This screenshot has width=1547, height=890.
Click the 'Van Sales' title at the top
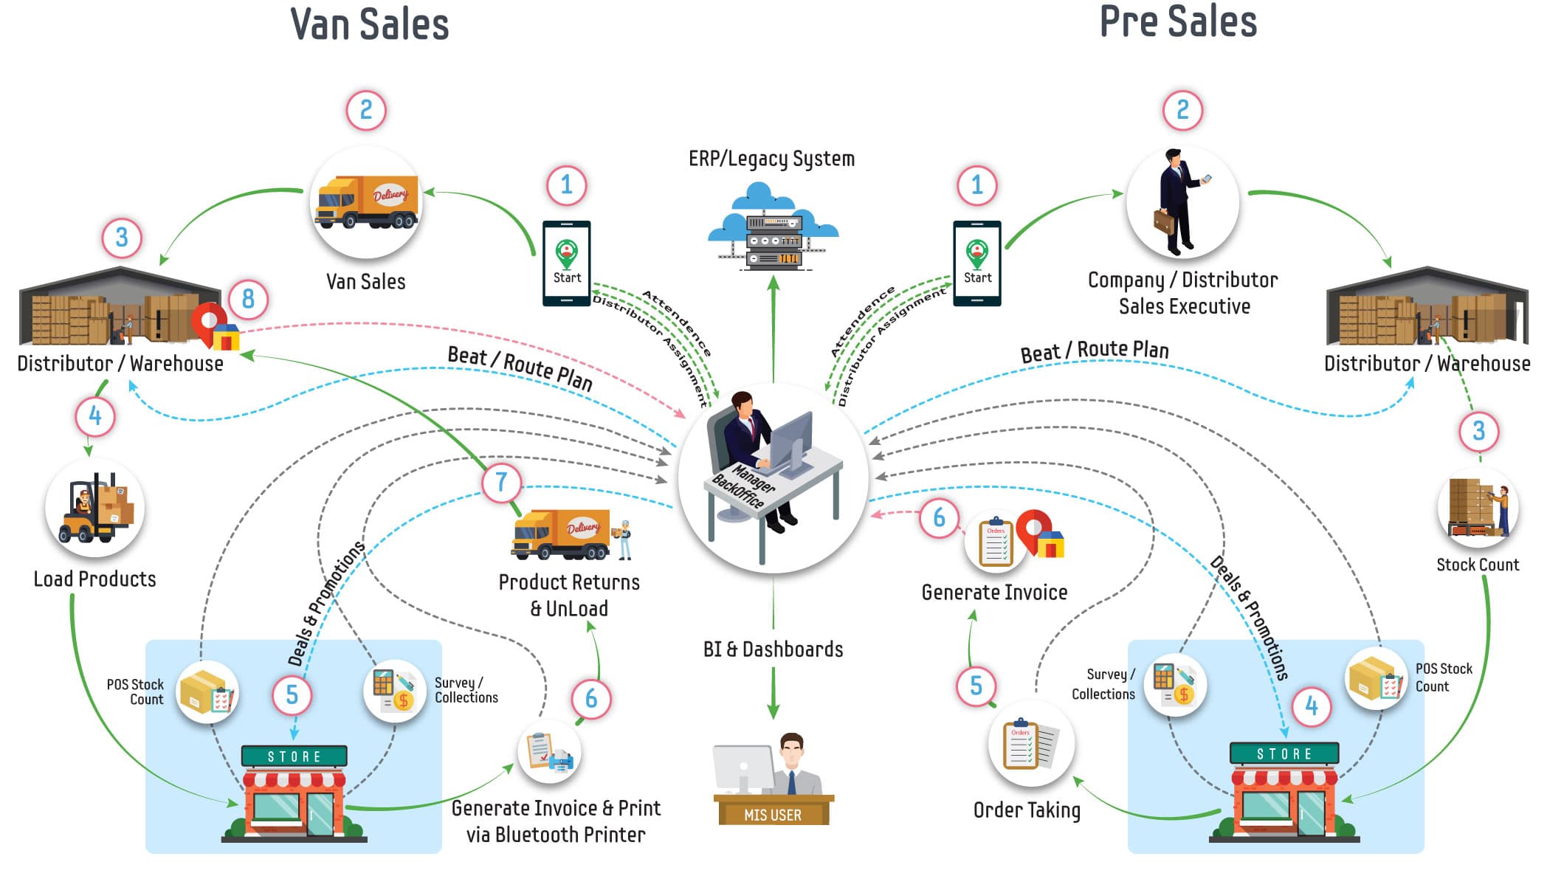[370, 24]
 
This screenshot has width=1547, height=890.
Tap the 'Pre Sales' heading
[1178, 22]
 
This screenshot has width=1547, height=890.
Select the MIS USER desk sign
[773, 814]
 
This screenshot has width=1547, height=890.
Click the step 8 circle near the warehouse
[248, 299]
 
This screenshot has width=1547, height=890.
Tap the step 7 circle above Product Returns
[501, 482]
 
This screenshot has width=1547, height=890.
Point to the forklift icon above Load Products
[95, 508]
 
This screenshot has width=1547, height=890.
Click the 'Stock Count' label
[1477, 565]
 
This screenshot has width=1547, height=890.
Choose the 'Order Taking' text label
[1027, 810]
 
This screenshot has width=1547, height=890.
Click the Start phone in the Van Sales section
[567, 263]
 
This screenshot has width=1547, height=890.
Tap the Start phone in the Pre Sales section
[976, 263]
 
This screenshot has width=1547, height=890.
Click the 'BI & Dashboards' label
[773, 649]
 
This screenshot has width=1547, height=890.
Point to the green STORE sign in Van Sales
[294, 756]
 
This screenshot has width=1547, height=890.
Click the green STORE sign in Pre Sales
[1284, 753]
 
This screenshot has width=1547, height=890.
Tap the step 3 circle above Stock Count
[1478, 431]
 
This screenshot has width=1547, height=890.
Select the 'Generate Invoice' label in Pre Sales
[994, 592]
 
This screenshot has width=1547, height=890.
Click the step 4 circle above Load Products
[95, 416]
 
